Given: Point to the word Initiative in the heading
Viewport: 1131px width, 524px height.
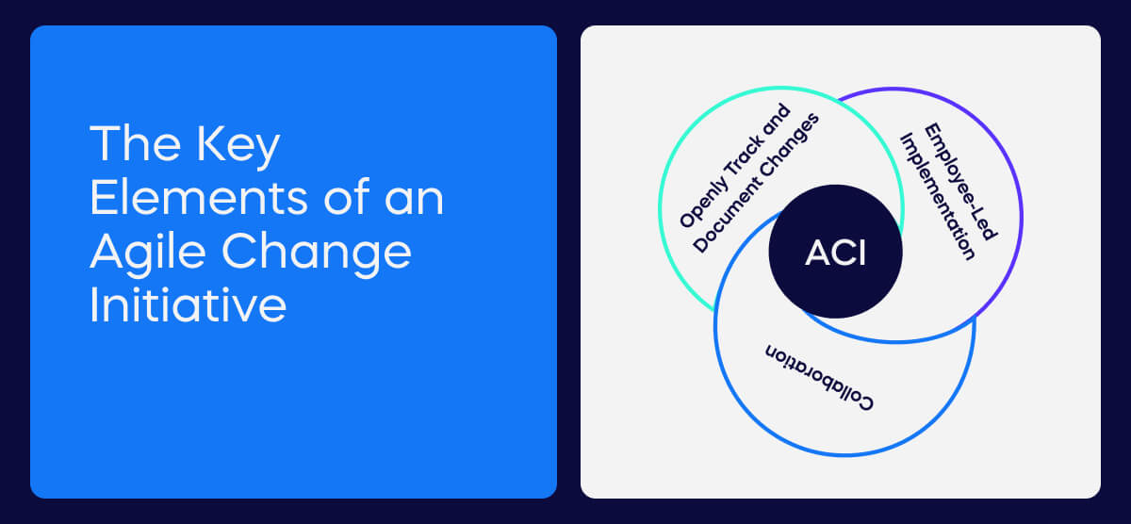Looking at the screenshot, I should coord(188,305).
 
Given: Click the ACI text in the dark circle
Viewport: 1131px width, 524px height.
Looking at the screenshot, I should coord(835,254).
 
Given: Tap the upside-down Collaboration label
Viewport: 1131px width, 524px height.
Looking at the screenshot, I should coord(818,377).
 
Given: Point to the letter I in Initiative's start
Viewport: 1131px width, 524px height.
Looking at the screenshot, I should coord(95,305).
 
